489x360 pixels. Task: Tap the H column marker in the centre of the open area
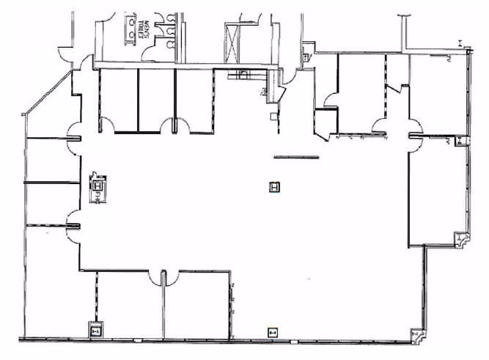point(274,188)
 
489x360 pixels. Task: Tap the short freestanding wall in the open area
point(296,157)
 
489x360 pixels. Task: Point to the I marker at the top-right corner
point(460,45)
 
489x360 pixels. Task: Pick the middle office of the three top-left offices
point(156,101)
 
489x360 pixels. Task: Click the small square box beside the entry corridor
point(272,116)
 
